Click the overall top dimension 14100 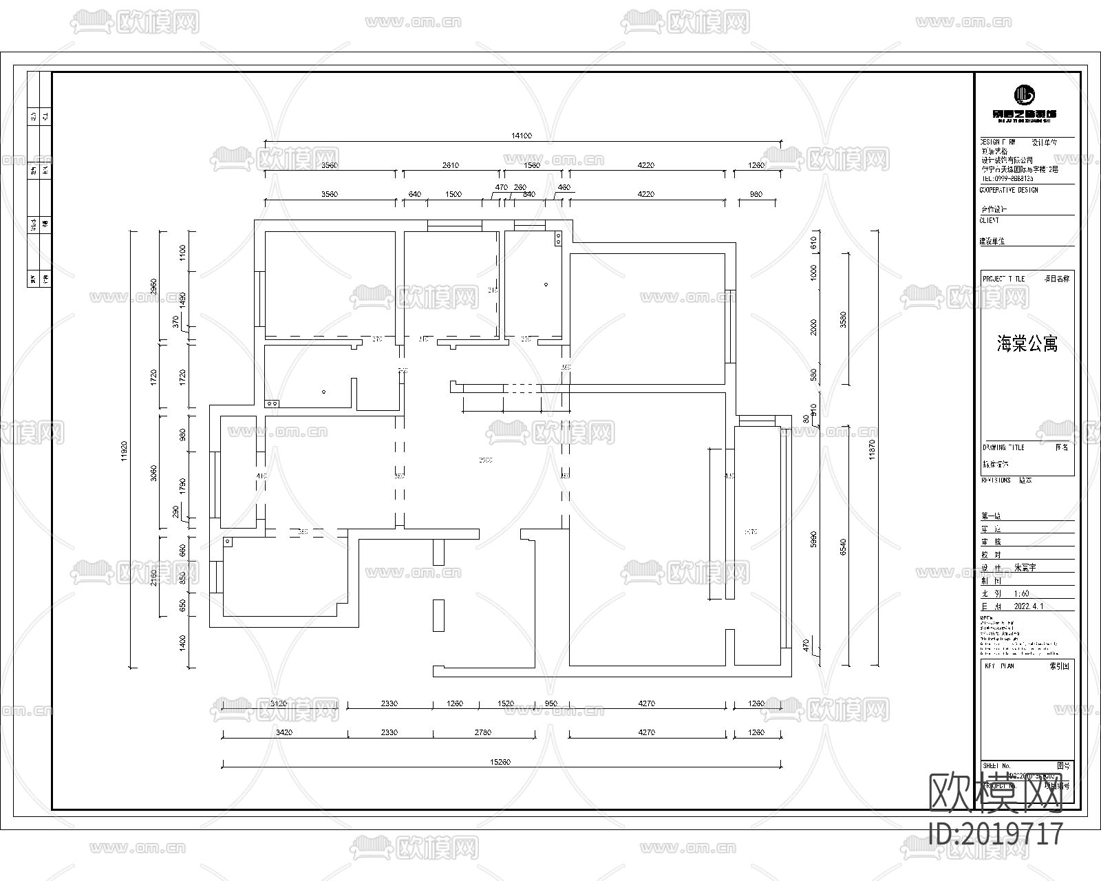coord(521,136)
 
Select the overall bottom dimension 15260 coord(500,762)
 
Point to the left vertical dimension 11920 coord(125,450)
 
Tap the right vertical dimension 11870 coord(872,450)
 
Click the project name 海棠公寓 coord(1027,344)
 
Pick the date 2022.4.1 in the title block coord(1029,606)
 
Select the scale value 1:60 coord(1021,593)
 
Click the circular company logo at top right coord(1025,94)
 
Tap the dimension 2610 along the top coord(450,165)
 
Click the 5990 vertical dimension coord(814,539)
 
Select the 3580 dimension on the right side coord(843,320)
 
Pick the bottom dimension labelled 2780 coord(483,732)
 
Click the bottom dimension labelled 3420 coord(284,732)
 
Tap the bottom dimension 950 coord(550,703)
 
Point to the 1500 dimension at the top coord(453,194)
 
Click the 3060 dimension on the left coord(153,473)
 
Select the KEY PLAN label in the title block coord(999,666)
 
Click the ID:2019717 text coord(996,834)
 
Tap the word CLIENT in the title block coord(989,221)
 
